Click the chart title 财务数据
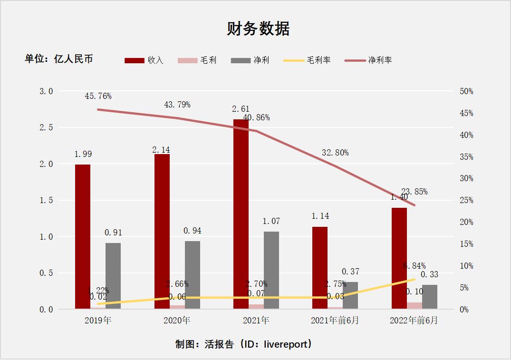tap(258, 29)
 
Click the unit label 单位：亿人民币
tap(59, 58)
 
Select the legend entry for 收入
tap(144, 60)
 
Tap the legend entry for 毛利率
tap(307, 60)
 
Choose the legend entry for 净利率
tap(368, 60)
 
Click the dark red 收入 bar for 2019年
tap(83, 237)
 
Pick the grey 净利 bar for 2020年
tap(193, 275)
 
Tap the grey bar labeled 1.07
tap(271, 270)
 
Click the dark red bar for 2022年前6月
tap(399, 258)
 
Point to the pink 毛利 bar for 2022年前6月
tap(414, 306)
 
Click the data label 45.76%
tap(98, 96)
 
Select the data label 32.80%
tap(335, 153)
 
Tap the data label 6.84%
tap(414, 266)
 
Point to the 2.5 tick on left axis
tap(46, 127)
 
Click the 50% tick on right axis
tap(466, 91)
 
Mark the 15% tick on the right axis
tap(466, 244)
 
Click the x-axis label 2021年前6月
tap(335, 321)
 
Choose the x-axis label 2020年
tap(177, 321)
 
